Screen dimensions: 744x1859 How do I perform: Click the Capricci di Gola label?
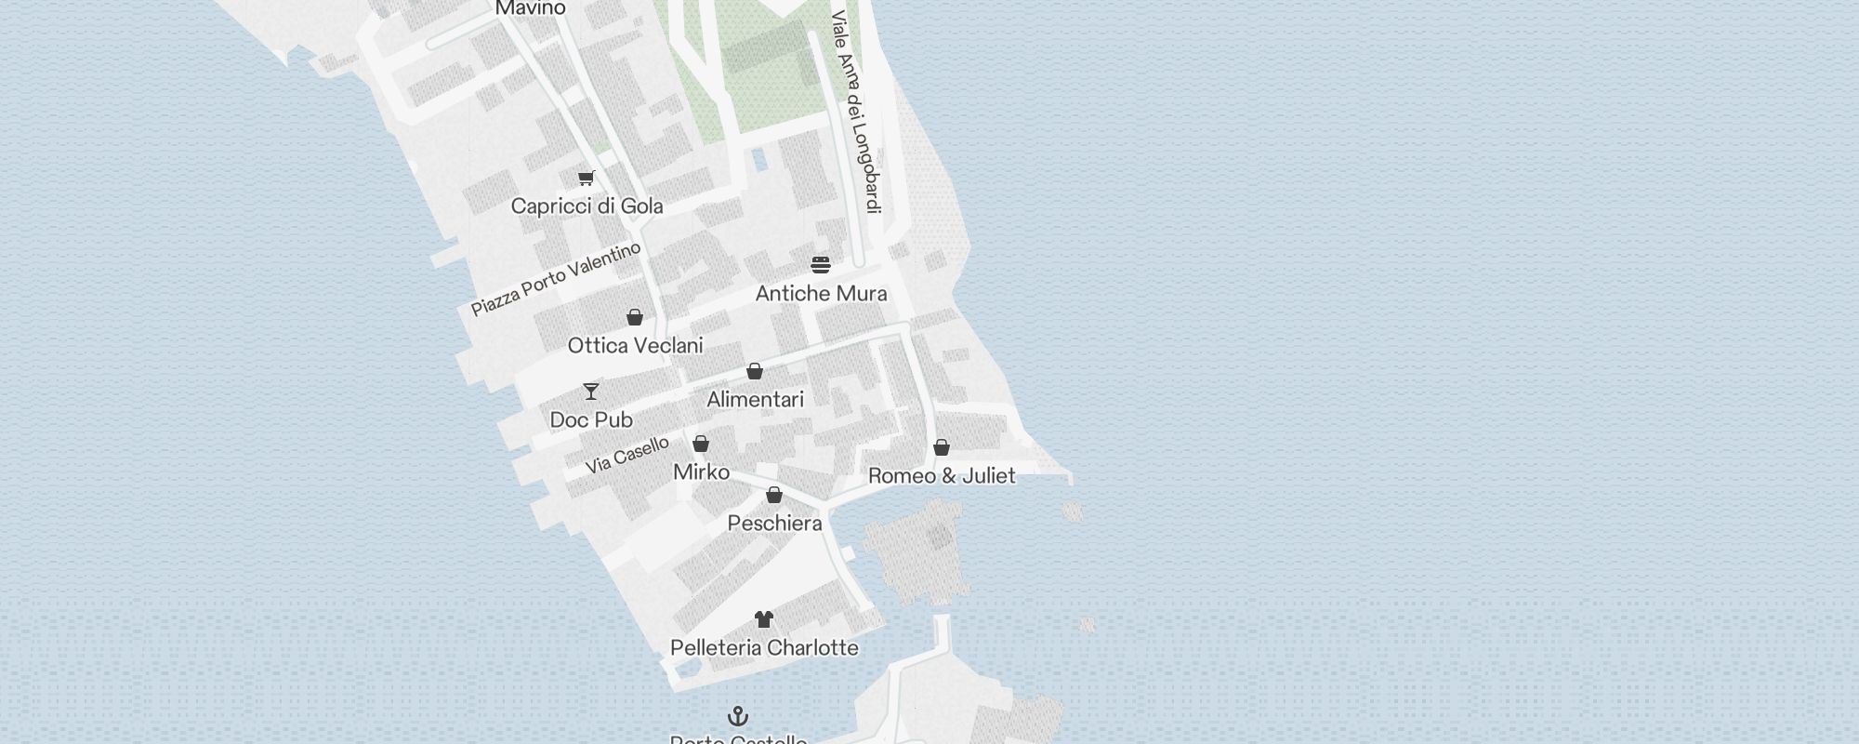pyautogui.click(x=587, y=206)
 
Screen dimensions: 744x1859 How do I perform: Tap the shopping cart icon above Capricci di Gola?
pyautogui.click(x=586, y=178)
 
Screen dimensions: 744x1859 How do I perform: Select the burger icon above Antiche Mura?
pyautogui.click(x=820, y=265)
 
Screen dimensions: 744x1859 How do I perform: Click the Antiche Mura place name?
pyautogui.click(x=821, y=294)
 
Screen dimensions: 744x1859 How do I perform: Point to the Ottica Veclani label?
pyautogui.click(x=635, y=346)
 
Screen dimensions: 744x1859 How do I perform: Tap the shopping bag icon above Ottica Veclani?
pyautogui.click(x=635, y=318)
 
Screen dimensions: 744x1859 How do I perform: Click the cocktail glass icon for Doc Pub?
pyautogui.click(x=591, y=391)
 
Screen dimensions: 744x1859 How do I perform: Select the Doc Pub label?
pyautogui.click(x=591, y=420)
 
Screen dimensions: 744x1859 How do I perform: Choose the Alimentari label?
pyautogui.click(x=755, y=400)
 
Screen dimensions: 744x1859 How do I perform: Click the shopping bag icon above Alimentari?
pyautogui.click(x=755, y=372)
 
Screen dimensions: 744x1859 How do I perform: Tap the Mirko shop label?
pyautogui.click(x=701, y=472)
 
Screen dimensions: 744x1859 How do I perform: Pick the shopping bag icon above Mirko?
pyautogui.click(x=701, y=444)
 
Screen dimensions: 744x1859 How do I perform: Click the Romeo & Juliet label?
pyautogui.click(x=942, y=476)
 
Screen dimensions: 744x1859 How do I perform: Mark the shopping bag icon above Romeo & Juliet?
pyautogui.click(x=942, y=448)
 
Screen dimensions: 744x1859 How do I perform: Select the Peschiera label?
pyautogui.click(x=774, y=524)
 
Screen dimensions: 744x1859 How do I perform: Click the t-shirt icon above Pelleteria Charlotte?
pyautogui.click(x=764, y=619)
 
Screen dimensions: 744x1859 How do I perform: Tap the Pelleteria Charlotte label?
pyautogui.click(x=764, y=648)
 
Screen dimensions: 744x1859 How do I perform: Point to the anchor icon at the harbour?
pyautogui.click(x=738, y=716)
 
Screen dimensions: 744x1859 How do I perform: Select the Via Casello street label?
pyautogui.click(x=627, y=456)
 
